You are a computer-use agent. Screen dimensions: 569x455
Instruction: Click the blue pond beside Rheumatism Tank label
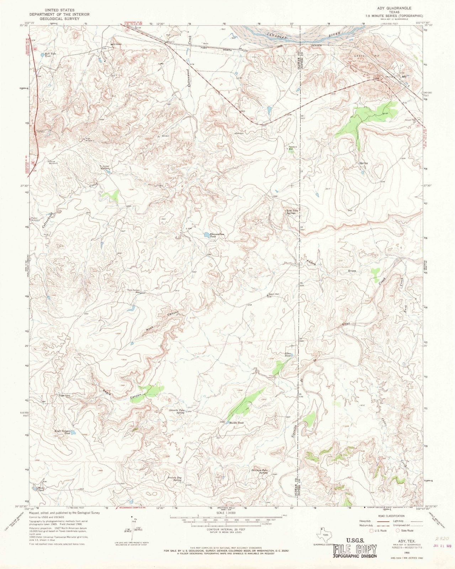[206, 235]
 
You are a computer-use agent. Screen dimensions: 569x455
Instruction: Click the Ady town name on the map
[404, 76]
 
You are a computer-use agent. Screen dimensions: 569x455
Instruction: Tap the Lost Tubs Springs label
[293, 212]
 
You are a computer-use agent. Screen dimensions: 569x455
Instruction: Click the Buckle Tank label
[236, 422]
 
